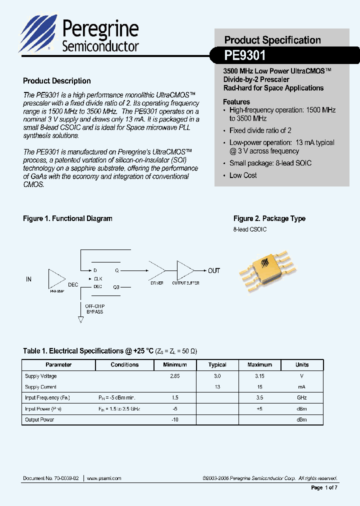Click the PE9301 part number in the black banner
tap(245, 54)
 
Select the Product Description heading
tap(57, 81)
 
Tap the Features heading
tap(236, 101)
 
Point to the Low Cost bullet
tap(243, 175)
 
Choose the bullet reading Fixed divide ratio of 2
tap(260, 130)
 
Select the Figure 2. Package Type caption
tap(269, 218)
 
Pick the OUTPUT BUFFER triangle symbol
tap(185, 270)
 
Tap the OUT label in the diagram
tap(214, 270)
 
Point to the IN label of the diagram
tap(28, 279)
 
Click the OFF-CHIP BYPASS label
tap(94, 308)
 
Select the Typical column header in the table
tap(217, 365)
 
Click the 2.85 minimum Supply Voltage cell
tap(175, 376)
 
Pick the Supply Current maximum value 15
tap(259, 387)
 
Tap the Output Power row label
tap(39, 419)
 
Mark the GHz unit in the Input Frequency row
tap(301, 398)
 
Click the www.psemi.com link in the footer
tap(104, 478)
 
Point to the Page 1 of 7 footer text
tap(324, 487)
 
